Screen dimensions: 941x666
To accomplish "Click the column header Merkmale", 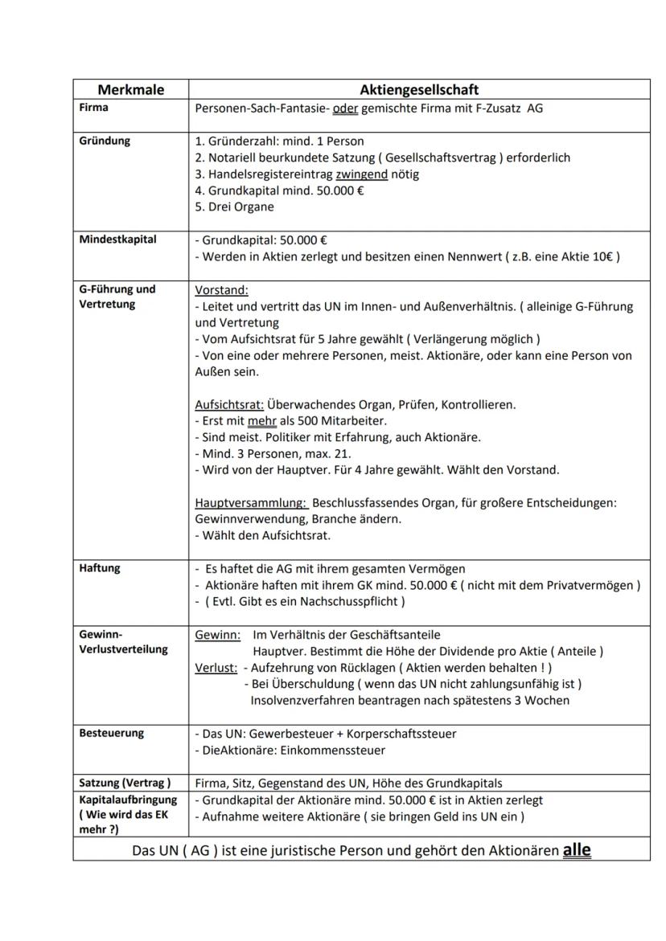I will [x=130, y=90].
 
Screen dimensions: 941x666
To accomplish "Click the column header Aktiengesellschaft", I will [x=419, y=90].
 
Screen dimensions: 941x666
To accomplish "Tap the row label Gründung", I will [x=105, y=141].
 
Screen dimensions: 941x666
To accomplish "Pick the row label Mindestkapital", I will [x=117, y=239].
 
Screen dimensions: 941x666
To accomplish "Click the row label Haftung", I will [x=100, y=568].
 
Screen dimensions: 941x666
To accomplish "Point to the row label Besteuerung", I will [x=112, y=733].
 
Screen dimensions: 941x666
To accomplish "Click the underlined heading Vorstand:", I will [x=222, y=289].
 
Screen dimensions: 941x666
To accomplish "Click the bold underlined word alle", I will [x=577, y=849].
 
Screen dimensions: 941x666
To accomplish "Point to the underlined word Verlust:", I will [x=216, y=668].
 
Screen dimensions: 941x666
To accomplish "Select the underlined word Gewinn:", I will [x=218, y=635].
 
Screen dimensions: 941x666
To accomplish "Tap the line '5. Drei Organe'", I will [x=234, y=207].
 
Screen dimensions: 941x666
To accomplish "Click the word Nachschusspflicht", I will [x=354, y=602].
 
